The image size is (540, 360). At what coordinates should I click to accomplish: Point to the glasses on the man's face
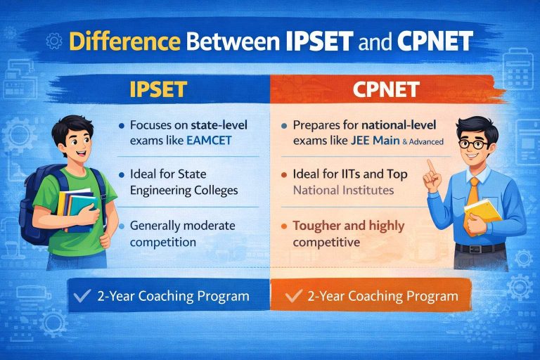click(x=472, y=145)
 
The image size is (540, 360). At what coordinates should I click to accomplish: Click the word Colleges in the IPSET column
click(x=214, y=190)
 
